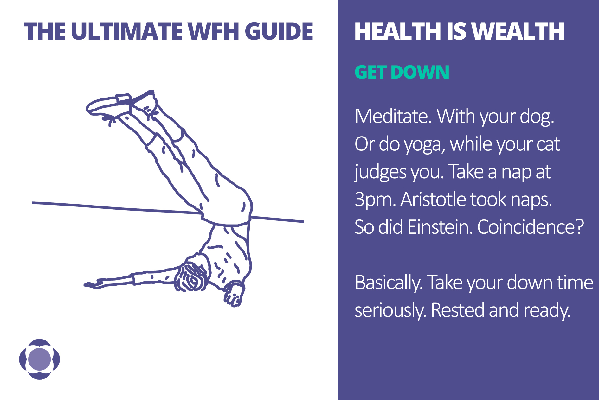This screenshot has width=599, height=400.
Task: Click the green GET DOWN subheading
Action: click(402, 72)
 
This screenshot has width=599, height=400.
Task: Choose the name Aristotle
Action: click(433, 200)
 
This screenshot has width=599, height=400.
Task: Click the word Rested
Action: click(457, 310)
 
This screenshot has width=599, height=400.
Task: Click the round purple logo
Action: click(40, 359)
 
